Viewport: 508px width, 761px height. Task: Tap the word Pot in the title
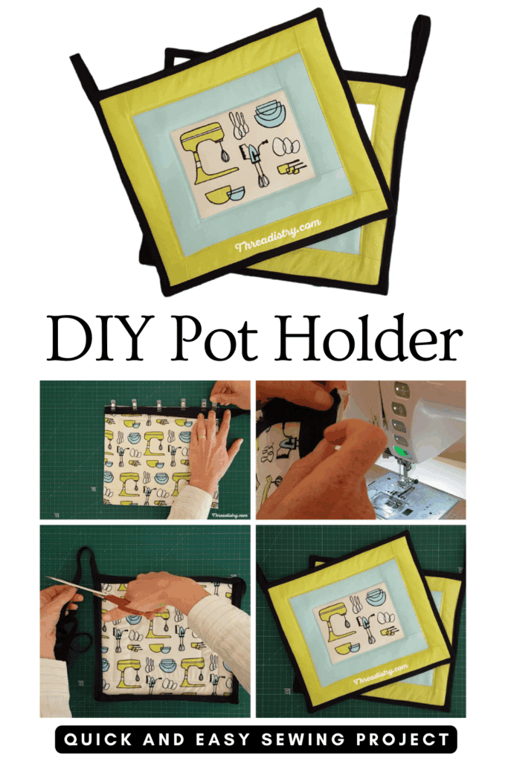[x=213, y=338]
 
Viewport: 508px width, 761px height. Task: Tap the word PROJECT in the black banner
[x=402, y=739]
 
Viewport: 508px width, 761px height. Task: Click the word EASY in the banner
[x=223, y=739]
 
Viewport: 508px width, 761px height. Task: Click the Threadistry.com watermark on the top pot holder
[x=277, y=235]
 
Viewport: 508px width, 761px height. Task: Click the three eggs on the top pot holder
[x=286, y=146]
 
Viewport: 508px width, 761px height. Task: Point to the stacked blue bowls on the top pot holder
[x=270, y=114]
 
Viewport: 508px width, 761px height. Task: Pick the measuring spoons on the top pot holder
[x=239, y=126]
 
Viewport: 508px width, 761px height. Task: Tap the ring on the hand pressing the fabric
[x=202, y=437]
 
